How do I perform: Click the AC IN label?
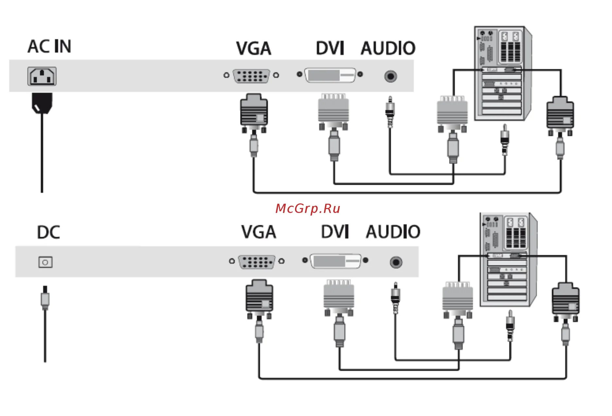49,46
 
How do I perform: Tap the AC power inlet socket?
42,76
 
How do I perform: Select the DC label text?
48,233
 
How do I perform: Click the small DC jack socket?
45,262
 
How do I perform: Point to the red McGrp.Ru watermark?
308,209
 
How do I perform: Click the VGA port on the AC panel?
251,76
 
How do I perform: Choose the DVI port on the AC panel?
330,75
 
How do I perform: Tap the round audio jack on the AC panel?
391,77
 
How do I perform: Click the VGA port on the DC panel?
257,262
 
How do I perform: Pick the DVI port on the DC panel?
335,261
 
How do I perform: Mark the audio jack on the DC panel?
396,262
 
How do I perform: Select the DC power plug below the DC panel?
45,298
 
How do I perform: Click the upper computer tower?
502,74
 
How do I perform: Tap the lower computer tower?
508,260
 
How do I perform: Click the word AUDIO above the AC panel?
388,48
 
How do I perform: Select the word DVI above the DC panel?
335,232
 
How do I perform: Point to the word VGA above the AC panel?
254,49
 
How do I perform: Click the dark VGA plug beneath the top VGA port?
254,113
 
